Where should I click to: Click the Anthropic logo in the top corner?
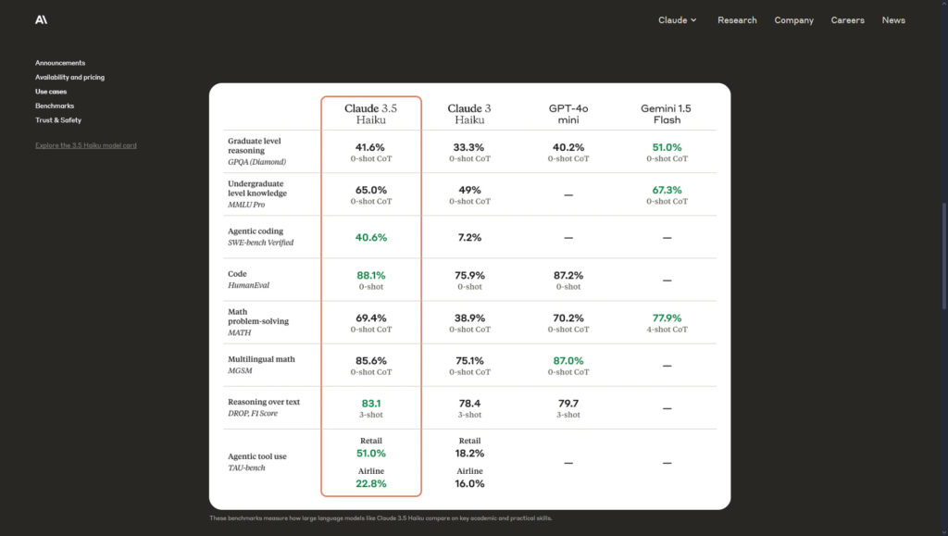click(41, 19)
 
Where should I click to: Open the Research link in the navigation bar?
click(737, 20)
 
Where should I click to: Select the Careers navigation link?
click(847, 20)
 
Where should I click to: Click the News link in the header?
click(893, 20)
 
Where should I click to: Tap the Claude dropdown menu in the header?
click(678, 20)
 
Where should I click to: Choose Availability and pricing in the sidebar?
click(69, 78)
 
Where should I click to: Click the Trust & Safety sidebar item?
click(58, 120)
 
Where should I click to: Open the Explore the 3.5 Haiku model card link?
click(86, 145)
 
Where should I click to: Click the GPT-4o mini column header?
click(568, 114)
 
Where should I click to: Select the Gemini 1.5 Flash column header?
click(666, 114)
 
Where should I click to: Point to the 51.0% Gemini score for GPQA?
click(667, 147)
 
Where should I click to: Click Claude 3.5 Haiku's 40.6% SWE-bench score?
click(370, 237)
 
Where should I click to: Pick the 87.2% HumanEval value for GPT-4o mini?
click(568, 275)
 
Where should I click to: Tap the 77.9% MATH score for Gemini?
click(667, 318)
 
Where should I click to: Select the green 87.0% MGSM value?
click(568, 360)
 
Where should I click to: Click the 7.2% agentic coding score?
click(469, 237)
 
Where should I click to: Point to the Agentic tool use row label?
click(256, 456)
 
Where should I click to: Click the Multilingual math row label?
click(261, 359)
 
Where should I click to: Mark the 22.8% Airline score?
click(370, 483)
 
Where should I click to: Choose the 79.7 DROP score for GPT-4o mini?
click(568, 403)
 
